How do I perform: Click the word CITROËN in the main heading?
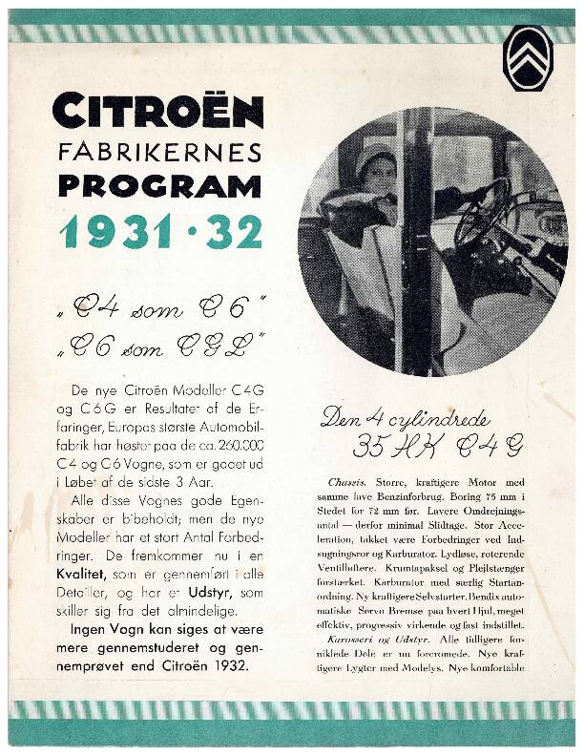point(158,111)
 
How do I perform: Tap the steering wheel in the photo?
point(482,212)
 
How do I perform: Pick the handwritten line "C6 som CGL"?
point(159,346)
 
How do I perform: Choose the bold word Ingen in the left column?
point(91,629)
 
